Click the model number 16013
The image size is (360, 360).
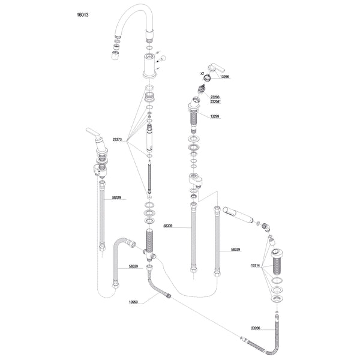pos(82,15)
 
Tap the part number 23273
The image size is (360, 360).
pos(117,139)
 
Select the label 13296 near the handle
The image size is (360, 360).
pos(224,77)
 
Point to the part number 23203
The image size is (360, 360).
pos(215,97)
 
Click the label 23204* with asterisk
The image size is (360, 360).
pos(215,101)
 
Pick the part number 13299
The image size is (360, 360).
pos(215,116)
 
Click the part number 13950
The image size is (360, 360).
pos(133,302)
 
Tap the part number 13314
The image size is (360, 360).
pos(255,266)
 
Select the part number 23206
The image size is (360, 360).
pos(256,328)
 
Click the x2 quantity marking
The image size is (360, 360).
pos(202,73)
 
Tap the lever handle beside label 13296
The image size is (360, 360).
pos(217,68)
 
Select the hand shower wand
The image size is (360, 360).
pos(238,215)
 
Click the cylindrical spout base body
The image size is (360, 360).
pos(149,65)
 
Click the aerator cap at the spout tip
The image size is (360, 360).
pos(115,55)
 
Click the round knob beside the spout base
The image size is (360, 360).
pos(163,58)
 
